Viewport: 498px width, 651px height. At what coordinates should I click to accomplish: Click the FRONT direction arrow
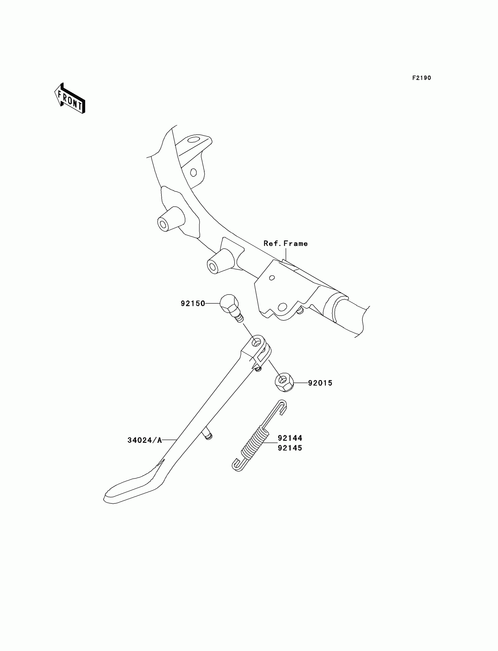pos(70,99)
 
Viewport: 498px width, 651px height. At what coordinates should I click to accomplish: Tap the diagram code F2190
pos(421,78)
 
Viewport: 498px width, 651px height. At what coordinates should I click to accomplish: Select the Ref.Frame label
pos(285,244)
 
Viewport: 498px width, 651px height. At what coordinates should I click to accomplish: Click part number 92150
pos(193,303)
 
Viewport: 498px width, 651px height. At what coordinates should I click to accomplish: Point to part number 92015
pos(320,383)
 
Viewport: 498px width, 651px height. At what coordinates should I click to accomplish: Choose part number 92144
pos(290,438)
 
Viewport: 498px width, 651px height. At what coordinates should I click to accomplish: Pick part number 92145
pos(290,448)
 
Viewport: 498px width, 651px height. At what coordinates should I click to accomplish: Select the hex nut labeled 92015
pos(284,382)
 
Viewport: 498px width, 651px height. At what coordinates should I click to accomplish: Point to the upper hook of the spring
pos(282,405)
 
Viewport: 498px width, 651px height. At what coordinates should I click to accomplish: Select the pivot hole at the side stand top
pos(255,343)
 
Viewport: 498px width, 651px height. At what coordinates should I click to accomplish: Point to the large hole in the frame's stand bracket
pos(282,306)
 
